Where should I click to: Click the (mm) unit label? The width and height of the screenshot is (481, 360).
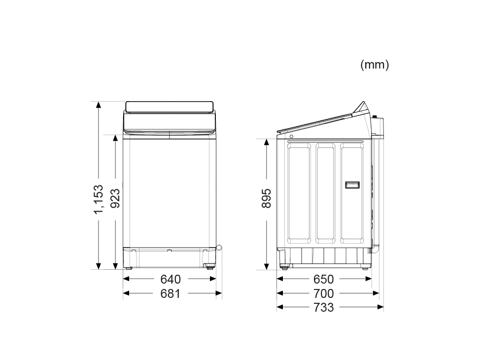(375, 65)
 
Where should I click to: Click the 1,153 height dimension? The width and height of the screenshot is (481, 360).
(99, 200)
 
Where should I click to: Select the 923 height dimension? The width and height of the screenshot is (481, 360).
(115, 199)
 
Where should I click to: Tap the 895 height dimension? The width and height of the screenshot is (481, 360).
(267, 199)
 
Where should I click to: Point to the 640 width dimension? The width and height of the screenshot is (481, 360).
(171, 279)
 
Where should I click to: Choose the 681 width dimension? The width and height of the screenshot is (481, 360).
(170, 294)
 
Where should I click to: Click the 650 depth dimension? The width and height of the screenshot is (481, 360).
(324, 279)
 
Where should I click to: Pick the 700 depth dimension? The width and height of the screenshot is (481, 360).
(324, 294)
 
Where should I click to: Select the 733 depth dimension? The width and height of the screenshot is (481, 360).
(324, 307)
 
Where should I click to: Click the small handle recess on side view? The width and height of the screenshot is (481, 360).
(352, 185)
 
